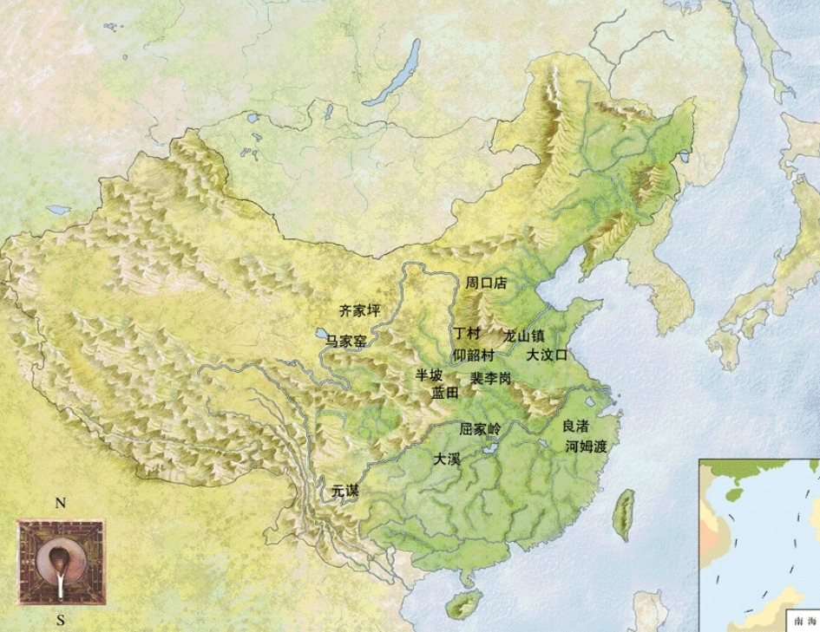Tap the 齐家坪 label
[359, 309]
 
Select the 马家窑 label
[345, 342]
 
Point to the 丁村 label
[466, 334]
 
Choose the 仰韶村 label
[474, 355]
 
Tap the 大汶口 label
[547, 355]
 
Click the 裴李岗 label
[490, 379]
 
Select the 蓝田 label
[445, 393]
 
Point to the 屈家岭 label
[480, 428]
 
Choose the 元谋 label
[344, 491]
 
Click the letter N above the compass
[60, 504]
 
